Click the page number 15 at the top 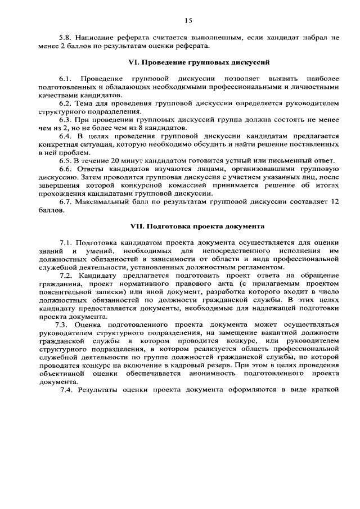click(187, 21)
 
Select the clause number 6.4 click(66, 136)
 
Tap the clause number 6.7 click(66, 202)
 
